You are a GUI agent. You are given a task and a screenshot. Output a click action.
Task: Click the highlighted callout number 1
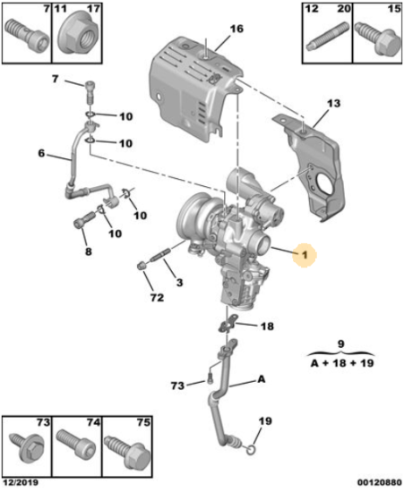tap(305, 255)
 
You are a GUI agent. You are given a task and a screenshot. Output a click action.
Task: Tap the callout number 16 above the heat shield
tap(236, 29)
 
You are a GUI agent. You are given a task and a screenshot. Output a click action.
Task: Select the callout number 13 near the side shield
tap(333, 103)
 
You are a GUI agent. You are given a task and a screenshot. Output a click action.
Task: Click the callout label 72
tap(157, 298)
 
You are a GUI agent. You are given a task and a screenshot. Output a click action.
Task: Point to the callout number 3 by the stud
tap(179, 283)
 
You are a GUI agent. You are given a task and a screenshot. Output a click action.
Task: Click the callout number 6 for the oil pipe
tap(41, 154)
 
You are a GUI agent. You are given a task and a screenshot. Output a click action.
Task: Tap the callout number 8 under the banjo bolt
tap(89, 251)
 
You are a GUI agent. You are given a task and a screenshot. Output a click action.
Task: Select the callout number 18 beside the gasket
tap(267, 327)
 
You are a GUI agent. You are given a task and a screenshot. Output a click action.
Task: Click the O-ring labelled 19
tap(252, 451)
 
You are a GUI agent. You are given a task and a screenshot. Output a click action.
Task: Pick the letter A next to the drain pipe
tap(262, 379)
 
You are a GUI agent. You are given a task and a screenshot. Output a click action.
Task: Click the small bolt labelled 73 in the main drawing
tap(210, 380)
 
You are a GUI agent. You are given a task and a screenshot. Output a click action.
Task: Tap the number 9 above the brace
tap(341, 344)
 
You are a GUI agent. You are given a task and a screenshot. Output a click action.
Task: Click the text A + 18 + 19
tap(342, 363)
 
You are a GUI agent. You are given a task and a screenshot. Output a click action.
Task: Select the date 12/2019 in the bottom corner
tap(21, 482)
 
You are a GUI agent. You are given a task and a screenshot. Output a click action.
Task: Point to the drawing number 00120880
tap(379, 482)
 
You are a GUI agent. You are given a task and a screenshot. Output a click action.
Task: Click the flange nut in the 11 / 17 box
tap(77, 32)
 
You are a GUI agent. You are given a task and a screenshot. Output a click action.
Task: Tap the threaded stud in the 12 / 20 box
tap(327, 37)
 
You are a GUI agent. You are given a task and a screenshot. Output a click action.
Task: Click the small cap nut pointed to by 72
tap(142, 266)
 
